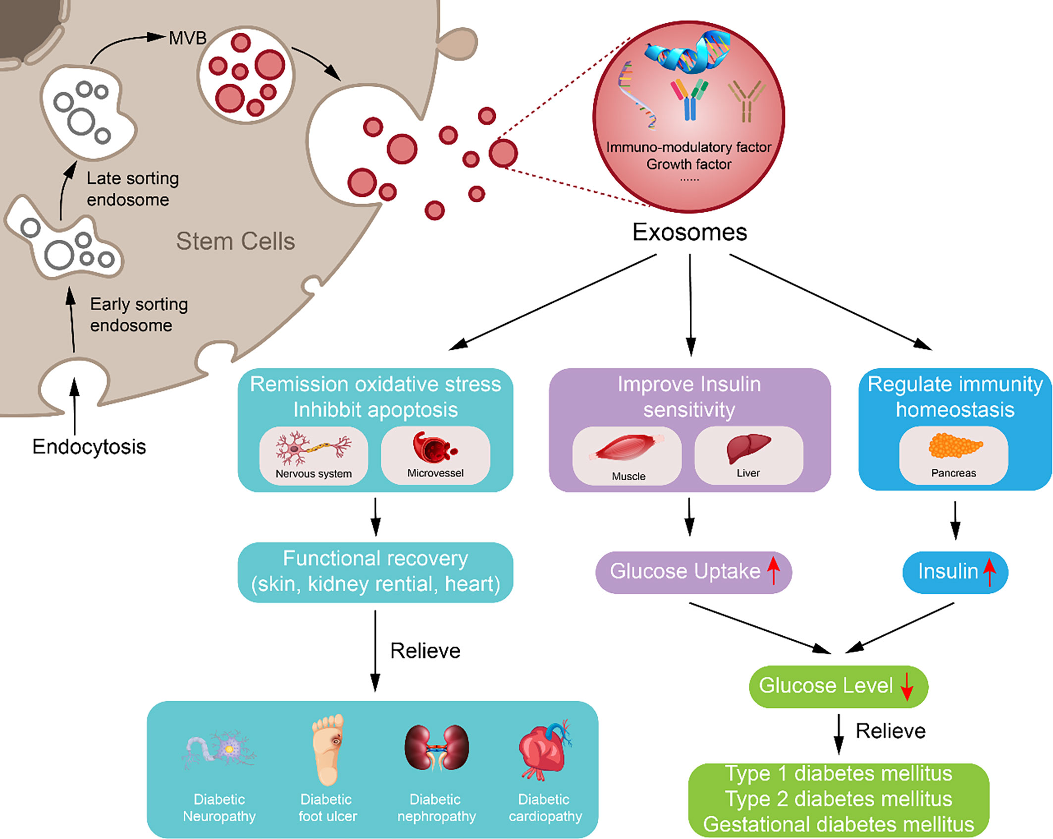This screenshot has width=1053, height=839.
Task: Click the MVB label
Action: [x=187, y=38]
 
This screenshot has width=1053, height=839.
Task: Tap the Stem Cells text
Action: [x=235, y=241]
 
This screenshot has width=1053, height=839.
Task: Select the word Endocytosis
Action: [x=89, y=447]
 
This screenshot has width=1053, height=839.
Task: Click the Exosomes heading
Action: [x=689, y=232]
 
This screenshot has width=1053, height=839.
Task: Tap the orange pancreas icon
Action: [x=954, y=445]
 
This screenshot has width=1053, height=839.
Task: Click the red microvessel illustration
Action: [x=433, y=446]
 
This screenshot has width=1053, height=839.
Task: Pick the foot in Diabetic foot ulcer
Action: [x=328, y=748]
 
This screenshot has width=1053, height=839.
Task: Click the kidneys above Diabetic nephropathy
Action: [x=436, y=748]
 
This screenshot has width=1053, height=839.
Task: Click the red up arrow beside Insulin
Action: [x=989, y=572]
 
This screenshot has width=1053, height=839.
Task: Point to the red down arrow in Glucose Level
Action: [x=906, y=686]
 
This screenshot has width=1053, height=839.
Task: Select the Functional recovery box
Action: [x=375, y=571]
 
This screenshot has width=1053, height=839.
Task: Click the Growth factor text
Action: [x=688, y=164]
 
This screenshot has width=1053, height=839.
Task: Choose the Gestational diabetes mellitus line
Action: [x=838, y=824]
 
